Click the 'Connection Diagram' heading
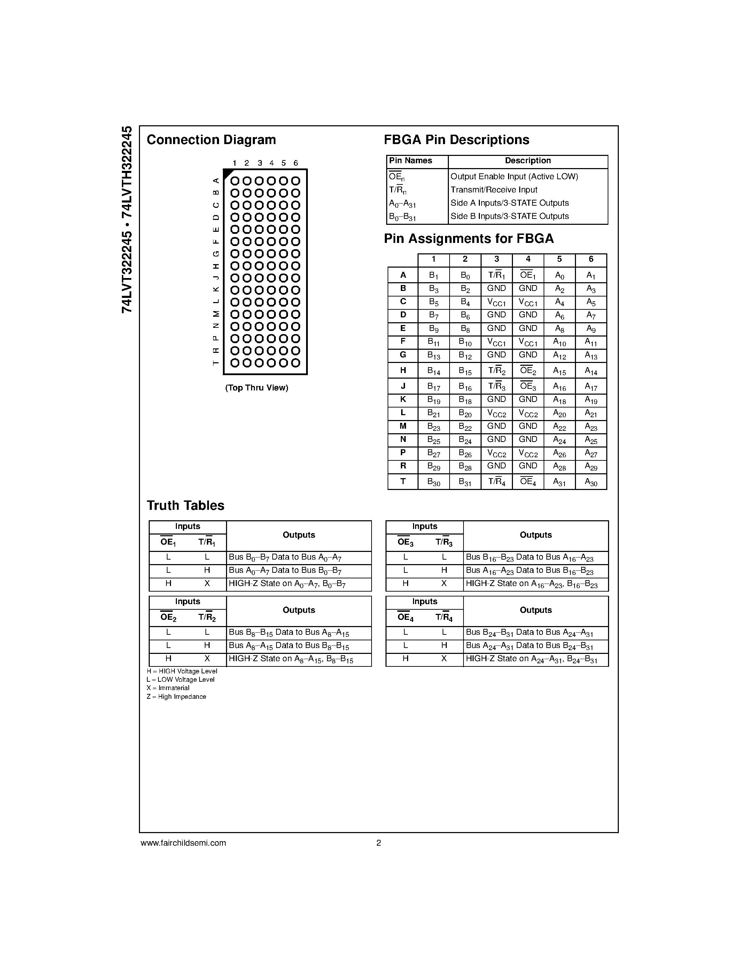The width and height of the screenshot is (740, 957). (x=211, y=140)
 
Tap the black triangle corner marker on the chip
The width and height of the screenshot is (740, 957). (x=227, y=173)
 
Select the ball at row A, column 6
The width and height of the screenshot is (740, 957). (x=295, y=181)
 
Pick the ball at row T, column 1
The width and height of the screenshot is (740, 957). (x=235, y=363)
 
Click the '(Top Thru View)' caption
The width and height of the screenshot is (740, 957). (x=256, y=388)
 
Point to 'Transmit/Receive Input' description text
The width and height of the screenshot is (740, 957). (x=494, y=190)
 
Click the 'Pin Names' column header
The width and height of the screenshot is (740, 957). (x=410, y=161)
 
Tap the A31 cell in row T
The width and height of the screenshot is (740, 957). (x=559, y=482)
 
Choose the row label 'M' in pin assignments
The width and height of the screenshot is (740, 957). (x=403, y=426)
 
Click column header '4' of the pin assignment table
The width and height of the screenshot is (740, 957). (x=528, y=259)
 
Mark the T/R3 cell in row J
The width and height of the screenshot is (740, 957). (x=496, y=386)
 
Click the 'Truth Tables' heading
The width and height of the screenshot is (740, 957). (x=186, y=506)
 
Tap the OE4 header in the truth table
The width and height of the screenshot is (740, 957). (x=405, y=617)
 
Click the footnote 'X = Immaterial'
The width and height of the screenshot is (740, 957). (x=168, y=688)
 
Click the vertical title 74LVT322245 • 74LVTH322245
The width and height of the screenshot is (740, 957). (x=127, y=219)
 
